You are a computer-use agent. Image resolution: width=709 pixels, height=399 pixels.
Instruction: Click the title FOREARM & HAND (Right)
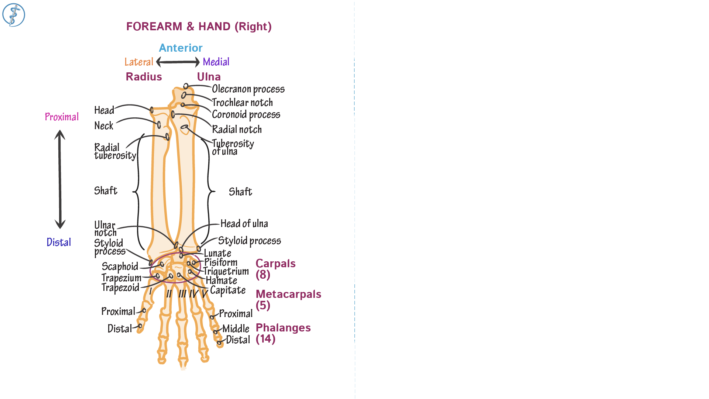(x=199, y=27)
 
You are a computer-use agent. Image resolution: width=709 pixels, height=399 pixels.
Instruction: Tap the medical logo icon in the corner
(x=14, y=15)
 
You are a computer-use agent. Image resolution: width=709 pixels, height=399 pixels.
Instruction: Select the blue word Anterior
(x=181, y=48)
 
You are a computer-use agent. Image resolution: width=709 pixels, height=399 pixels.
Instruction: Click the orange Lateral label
(x=138, y=62)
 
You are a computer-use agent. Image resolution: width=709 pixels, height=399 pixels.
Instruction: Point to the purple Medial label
(x=216, y=62)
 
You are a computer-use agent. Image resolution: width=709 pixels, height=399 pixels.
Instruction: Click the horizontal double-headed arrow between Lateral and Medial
(x=178, y=62)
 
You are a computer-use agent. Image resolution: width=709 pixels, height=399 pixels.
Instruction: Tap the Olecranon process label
(x=248, y=89)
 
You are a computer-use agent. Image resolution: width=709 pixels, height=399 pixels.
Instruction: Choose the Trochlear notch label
(x=242, y=103)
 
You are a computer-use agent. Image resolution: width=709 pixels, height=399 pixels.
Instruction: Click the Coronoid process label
(x=246, y=115)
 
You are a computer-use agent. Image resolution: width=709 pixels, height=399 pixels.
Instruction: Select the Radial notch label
(x=237, y=130)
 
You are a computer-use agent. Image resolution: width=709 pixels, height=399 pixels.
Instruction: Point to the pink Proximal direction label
(x=62, y=117)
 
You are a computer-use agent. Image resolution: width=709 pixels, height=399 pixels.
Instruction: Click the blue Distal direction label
(x=59, y=243)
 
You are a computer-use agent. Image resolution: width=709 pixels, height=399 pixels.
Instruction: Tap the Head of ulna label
(x=244, y=224)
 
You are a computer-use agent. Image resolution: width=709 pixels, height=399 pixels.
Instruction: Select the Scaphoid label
(x=120, y=266)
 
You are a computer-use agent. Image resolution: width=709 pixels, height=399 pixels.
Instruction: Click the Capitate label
(x=227, y=290)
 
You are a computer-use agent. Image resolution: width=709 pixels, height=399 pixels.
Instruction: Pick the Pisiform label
(x=221, y=262)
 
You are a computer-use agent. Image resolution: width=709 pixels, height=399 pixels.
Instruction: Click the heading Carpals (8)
(x=275, y=269)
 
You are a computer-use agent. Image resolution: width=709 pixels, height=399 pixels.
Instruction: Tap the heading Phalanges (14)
(x=283, y=333)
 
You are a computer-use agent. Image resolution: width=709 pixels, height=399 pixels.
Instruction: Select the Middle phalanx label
(x=236, y=329)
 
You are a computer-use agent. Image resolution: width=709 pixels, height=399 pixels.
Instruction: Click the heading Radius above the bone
(x=144, y=77)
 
